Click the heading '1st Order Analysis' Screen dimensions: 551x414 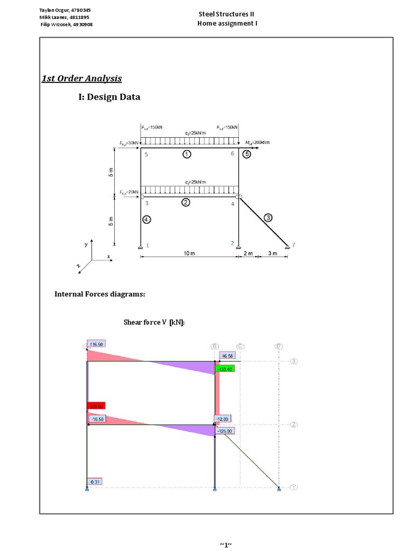coord(82,79)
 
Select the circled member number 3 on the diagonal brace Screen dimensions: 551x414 coord(268,217)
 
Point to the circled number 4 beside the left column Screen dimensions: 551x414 coord(147,220)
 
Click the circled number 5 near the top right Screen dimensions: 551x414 coord(247,154)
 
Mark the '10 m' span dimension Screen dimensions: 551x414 coord(189,253)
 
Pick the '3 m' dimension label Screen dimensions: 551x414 coord(272,253)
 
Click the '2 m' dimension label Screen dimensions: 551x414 coord(248,253)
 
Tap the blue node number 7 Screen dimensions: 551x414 coord(293,245)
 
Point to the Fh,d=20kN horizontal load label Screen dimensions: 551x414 coord(129,192)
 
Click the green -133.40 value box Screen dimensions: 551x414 coord(225,369)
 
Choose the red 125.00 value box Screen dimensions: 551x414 coord(96,406)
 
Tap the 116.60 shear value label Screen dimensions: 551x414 coord(97,344)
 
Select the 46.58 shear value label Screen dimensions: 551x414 coord(227,356)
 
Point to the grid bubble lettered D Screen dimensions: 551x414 coord(279,346)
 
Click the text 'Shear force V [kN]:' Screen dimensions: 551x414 coord(154,322)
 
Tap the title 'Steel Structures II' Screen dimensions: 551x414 coord(226,14)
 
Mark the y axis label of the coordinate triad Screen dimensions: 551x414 coord(85,244)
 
